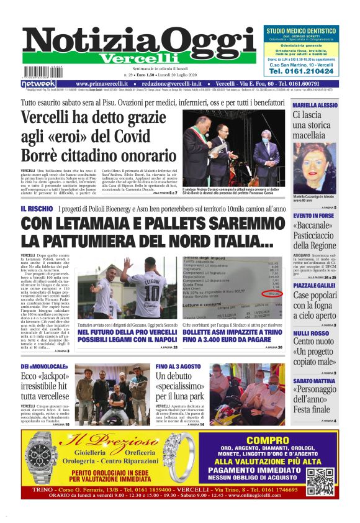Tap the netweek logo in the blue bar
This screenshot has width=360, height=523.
[x=38, y=84]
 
